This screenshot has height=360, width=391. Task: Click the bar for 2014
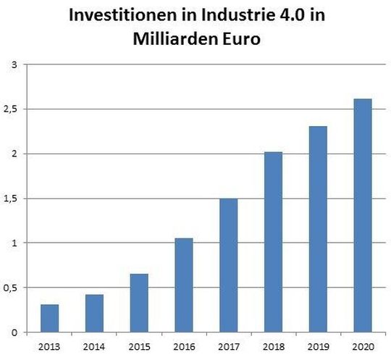[95, 313]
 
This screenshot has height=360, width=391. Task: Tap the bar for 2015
[139, 303]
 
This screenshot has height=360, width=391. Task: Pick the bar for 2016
[183, 285]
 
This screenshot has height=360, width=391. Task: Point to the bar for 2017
[228, 265]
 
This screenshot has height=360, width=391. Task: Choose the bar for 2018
[273, 242]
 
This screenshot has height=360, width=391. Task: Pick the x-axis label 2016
[183, 346]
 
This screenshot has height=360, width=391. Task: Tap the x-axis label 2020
[362, 346]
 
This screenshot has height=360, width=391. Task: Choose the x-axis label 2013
[50, 346]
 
